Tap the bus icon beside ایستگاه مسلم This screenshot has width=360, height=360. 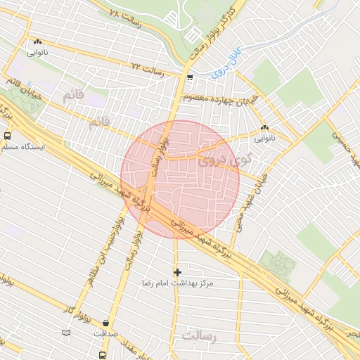(7, 136)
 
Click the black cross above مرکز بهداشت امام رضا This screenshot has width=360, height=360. (177, 271)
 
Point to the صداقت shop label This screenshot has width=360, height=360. (105, 335)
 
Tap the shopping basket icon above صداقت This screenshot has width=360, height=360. (106, 323)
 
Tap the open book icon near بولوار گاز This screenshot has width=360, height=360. (67, 331)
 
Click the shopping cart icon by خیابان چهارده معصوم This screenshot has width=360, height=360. (191, 78)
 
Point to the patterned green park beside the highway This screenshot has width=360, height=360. (278, 266)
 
